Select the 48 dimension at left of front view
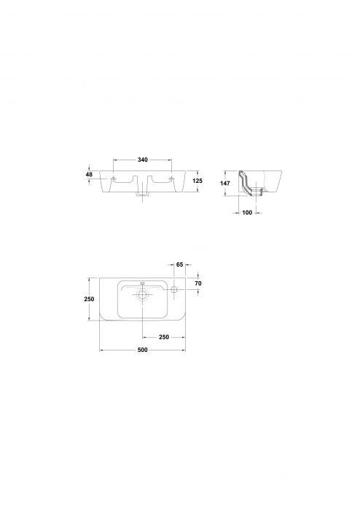pyautogui.click(x=89, y=175)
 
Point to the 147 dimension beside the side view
pyautogui.click(x=226, y=184)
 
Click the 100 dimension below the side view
pyautogui.click(x=247, y=213)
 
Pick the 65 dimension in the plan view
pyautogui.click(x=179, y=265)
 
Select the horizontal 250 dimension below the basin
pyautogui.click(x=164, y=337)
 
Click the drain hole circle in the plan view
pyautogui.click(x=143, y=296)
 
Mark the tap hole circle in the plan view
pyautogui.click(x=175, y=291)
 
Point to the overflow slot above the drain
pyautogui.click(x=143, y=284)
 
